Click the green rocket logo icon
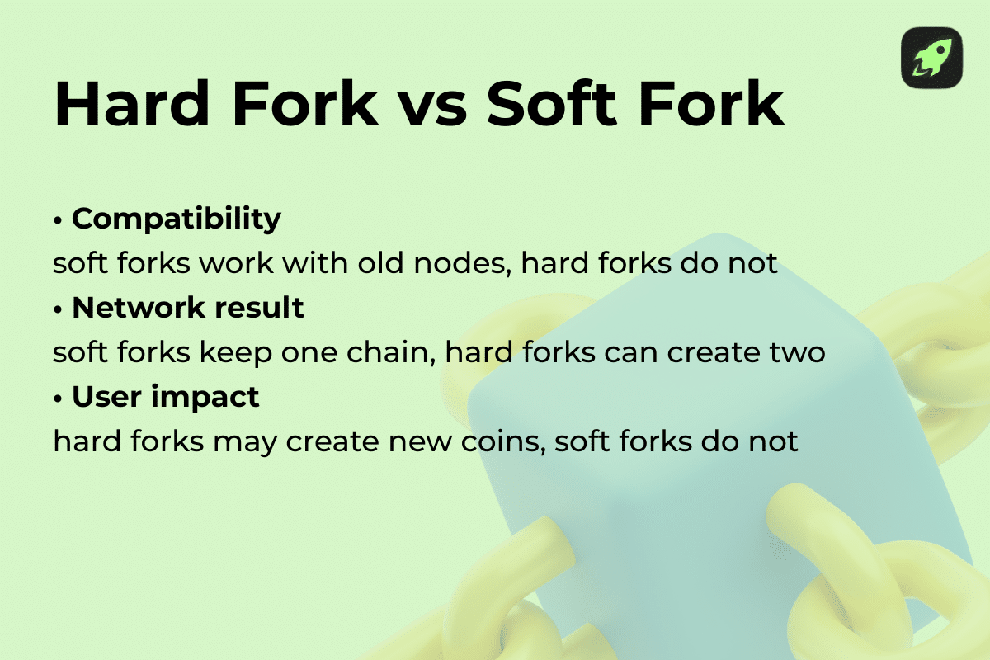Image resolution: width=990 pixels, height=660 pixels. click(931, 58)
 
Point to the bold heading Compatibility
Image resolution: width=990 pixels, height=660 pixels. click(177, 219)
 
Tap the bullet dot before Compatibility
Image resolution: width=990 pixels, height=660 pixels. click(59, 221)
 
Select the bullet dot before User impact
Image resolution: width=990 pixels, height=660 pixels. click(59, 398)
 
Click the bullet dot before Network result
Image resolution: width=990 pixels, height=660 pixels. click(59, 309)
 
